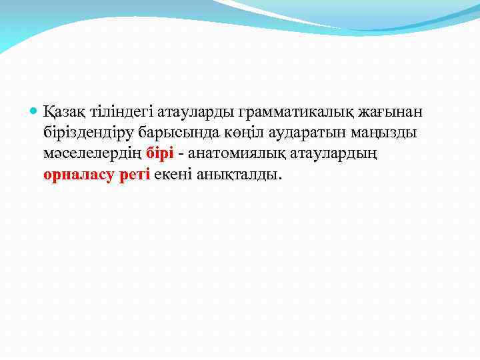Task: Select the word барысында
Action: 170,132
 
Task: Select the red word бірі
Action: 160,153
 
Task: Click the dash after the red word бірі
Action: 181,154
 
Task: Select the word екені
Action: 173,175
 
